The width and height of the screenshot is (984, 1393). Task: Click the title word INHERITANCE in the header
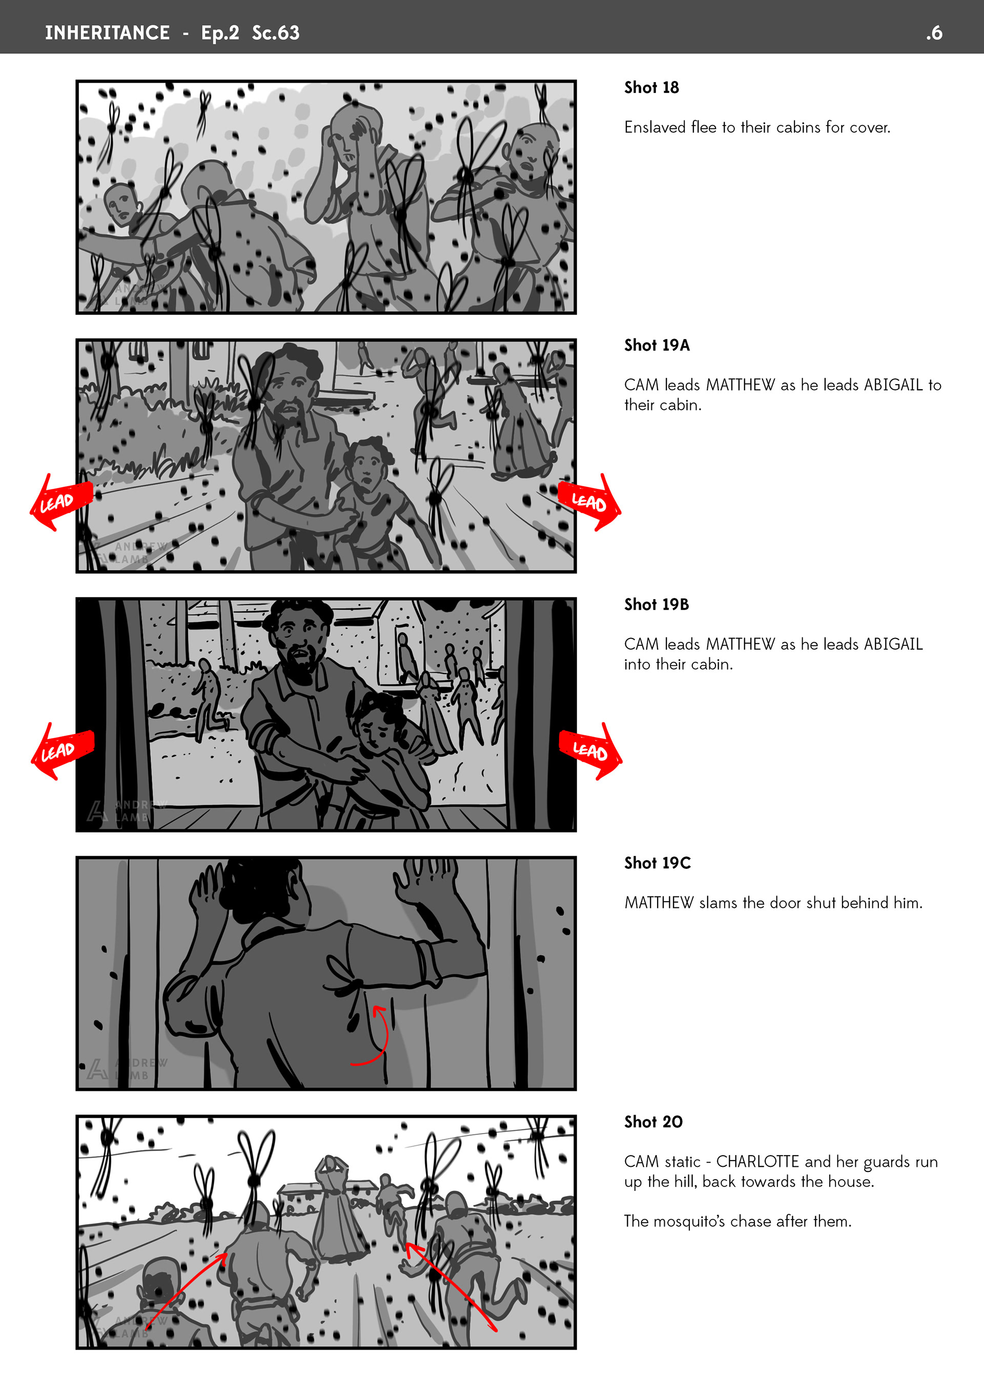pyautogui.click(x=107, y=33)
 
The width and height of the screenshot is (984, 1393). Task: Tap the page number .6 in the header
pyautogui.click(x=934, y=33)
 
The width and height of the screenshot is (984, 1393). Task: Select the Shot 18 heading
pyautogui.click(x=651, y=87)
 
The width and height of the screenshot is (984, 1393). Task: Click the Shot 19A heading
pyautogui.click(x=657, y=345)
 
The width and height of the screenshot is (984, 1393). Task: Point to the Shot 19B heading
pyautogui.click(x=657, y=604)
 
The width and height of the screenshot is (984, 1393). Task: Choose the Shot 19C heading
pyautogui.click(x=657, y=863)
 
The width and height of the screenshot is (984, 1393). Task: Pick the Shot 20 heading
pyautogui.click(x=653, y=1122)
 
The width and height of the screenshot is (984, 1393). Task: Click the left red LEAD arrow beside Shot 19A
pyautogui.click(x=60, y=502)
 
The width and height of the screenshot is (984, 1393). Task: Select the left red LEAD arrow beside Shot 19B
pyautogui.click(x=62, y=750)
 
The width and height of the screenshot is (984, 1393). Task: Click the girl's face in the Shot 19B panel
pyautogui.click(x=376, y=731)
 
